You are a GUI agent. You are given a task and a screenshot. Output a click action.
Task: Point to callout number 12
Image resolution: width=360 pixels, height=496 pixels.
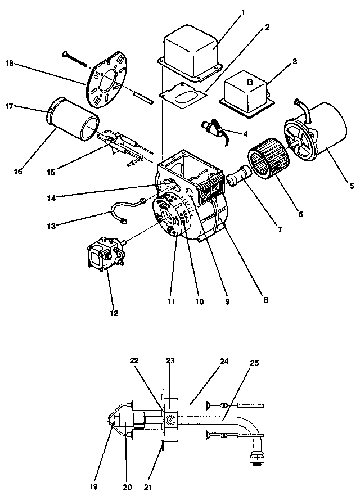coord(114,313)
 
